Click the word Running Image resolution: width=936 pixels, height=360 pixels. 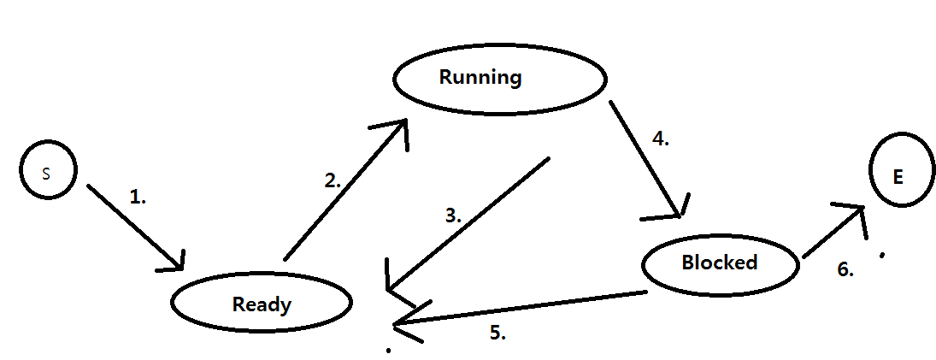(x=480, y=77)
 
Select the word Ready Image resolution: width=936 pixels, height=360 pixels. (x=262, y=304)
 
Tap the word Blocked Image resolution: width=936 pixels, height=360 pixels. (x=719, y=262)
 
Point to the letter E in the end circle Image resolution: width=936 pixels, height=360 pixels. (x=898, y=177)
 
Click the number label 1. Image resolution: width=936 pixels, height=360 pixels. (x=138, y=196)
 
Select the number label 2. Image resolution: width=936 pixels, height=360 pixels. (x=333, y=180)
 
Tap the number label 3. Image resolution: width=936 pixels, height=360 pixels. (x=453, y=216)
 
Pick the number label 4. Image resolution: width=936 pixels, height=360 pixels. (x=660, y=139)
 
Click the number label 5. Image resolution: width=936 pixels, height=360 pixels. (x=497, y=333)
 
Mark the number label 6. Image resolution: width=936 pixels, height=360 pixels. (x=845, y=269)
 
